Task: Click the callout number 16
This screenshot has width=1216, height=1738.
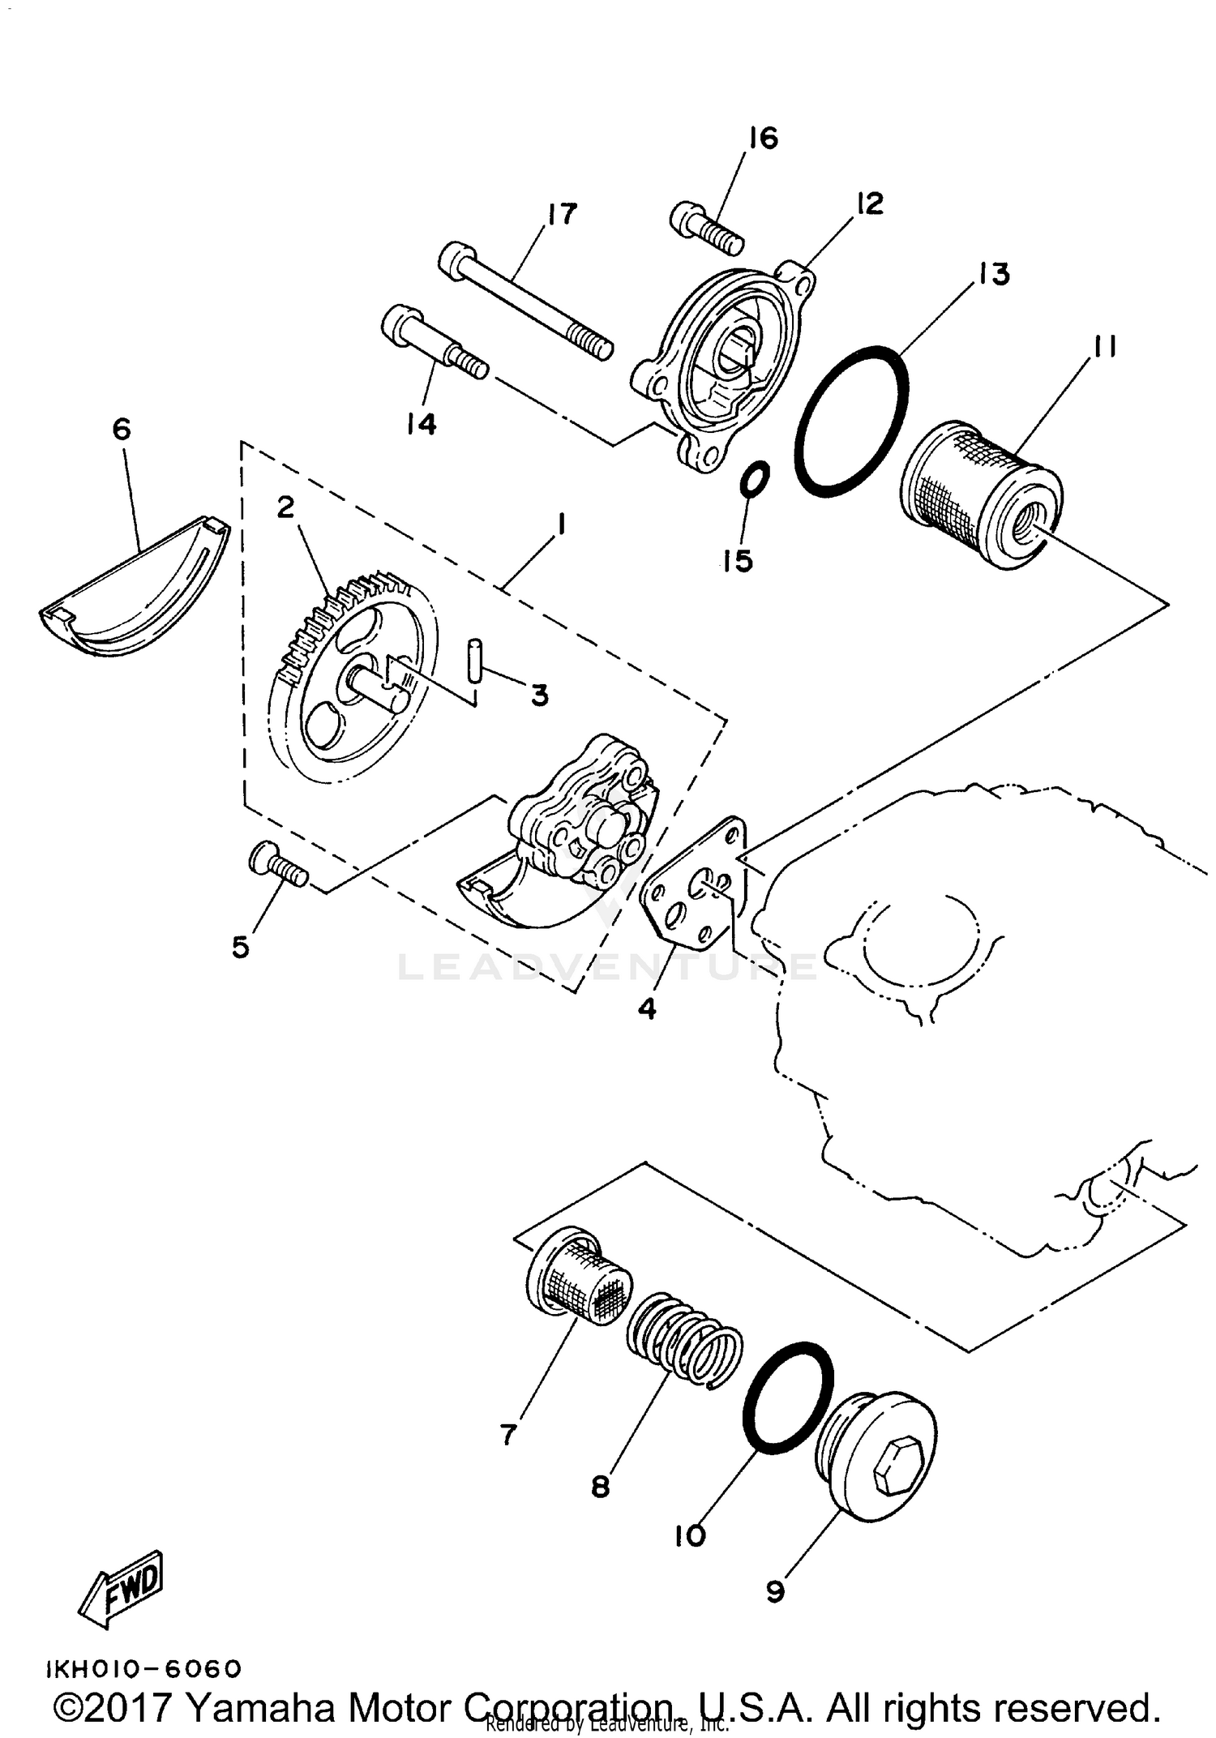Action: [763, 138]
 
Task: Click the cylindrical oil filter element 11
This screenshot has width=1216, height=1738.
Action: [982, 494]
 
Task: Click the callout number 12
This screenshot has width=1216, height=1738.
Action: [868, 203]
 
